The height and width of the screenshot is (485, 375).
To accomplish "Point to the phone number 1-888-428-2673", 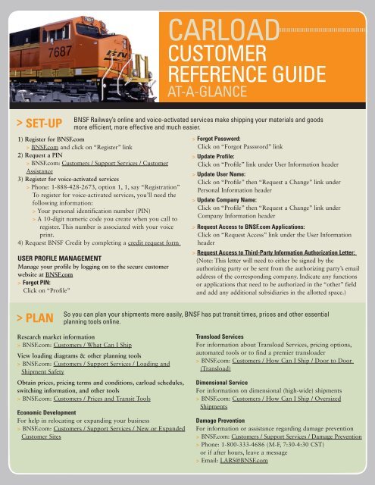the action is tap(75, 187).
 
